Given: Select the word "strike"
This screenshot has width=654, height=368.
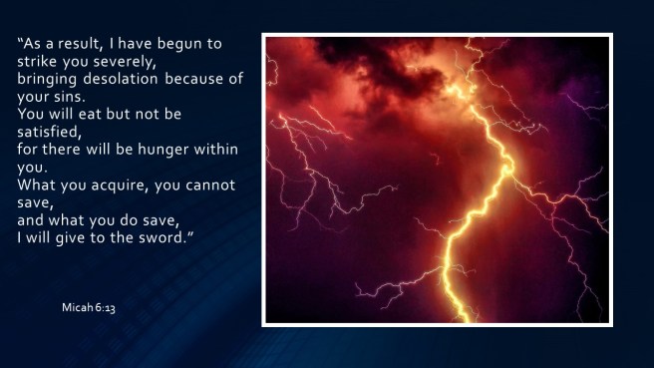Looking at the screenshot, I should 39,62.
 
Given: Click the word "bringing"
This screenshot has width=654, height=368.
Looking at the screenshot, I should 49,79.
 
